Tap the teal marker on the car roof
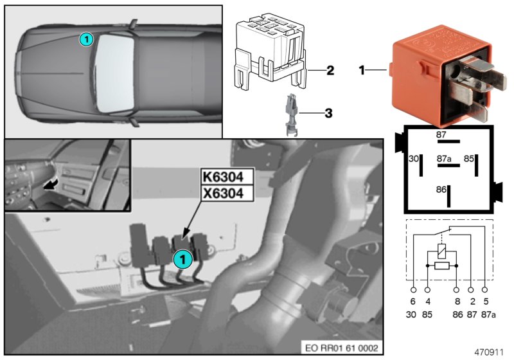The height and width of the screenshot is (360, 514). (x=85, y=39)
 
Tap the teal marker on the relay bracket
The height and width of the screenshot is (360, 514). (x=182, y=259)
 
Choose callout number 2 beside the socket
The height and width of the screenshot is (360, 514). (x=329, y=71)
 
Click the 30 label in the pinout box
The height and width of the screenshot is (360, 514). (x=414, y=157)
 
